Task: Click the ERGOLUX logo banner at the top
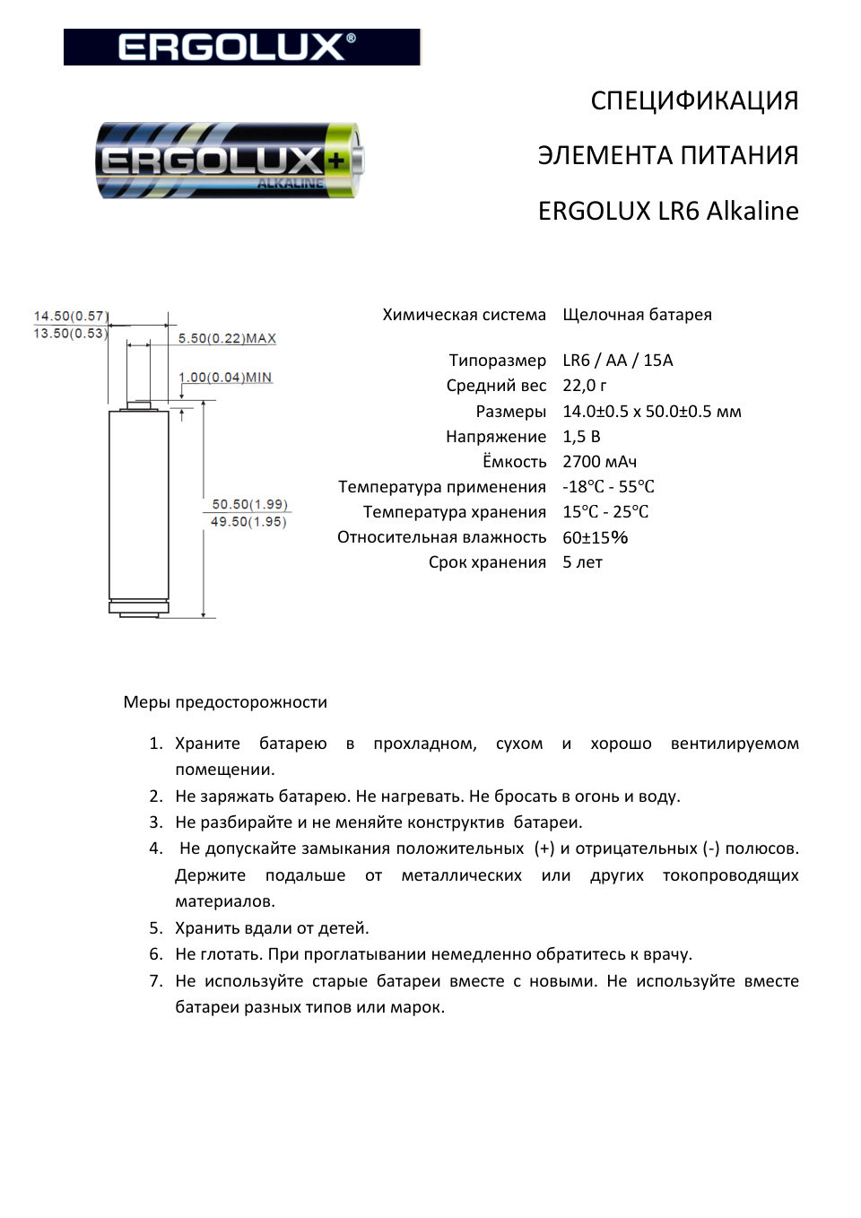click(x=241, y=47)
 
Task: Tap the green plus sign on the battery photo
click(x=336, y=161)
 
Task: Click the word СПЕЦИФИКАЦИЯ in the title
click(x=694, y=100)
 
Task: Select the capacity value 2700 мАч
click(x=599, y=462)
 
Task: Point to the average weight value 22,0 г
click(x=585, y=386)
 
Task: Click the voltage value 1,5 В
click(x=581, y=437)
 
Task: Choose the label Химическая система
click(x=464, y=315)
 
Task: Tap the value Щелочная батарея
click(x=637, y=315)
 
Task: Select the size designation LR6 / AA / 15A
click(x=617, y=361)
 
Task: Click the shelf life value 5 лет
click(x=582, y=562)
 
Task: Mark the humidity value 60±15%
click(x=595, y=537)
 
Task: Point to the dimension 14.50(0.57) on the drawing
click(x=70, y=316)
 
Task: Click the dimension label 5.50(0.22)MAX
click(x=227, y=338)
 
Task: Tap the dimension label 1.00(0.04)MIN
click(x=225, y=378)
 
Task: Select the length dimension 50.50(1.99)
click(x=249, y=504)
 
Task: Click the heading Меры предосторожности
click(x=225, y=702)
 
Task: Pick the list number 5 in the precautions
click(x=156, y=928)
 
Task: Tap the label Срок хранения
click(x=487, y=562)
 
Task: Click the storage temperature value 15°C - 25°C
click(x=605, y=512)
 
